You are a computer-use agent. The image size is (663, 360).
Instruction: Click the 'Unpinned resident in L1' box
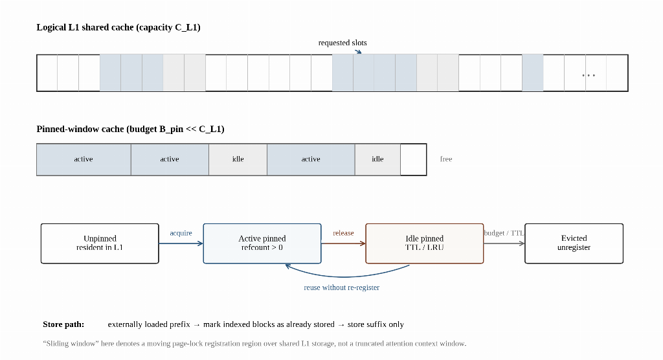point(100,243)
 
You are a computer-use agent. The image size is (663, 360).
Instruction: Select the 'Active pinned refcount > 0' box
point(262,243)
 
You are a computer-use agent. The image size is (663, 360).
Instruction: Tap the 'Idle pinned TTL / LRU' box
point(425,243)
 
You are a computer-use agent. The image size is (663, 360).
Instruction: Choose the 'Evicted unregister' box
point(574,243)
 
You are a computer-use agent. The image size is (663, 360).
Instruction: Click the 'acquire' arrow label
point(181,233)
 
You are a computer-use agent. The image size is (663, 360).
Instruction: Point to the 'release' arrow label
point(343,233)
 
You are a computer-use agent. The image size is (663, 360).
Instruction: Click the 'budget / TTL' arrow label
point(504,233)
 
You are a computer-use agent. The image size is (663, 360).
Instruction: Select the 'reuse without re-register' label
point(342,287)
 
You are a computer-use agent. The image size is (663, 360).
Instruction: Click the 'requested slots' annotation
point(343,43)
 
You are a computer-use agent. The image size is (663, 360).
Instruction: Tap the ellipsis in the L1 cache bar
point(589,75)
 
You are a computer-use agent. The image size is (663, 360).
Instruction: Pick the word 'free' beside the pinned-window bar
point(446,159)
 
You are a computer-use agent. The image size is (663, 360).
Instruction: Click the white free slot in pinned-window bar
point(414,159)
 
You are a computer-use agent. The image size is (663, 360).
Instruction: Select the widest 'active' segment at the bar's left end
point(84,159)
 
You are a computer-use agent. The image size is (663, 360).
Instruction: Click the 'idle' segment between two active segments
point(238,159)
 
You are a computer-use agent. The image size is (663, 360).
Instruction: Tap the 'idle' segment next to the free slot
point(377,159)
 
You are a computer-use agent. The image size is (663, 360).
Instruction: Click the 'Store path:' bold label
point(63,324)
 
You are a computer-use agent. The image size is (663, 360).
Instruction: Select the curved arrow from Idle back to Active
point(347,276)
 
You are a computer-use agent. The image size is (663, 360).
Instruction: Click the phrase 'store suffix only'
point(376,324)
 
